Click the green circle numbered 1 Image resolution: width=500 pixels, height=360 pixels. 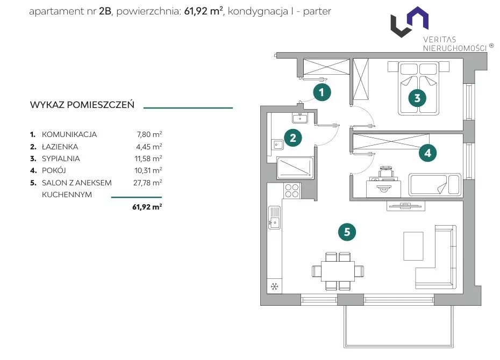(x=322, y=92)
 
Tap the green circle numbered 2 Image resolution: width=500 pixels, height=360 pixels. (x=292, y=138)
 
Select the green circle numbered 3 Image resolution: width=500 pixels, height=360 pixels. (x=417, y=98)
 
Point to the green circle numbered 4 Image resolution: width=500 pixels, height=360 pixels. (x=427, y=153)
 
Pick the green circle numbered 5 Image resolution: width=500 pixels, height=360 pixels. (x=347, y=232)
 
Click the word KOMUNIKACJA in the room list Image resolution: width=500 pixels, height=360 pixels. (x=69, y=134)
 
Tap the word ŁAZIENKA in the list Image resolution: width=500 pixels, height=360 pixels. (x=60, y=147)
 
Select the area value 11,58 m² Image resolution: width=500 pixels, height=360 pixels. (x=148, y=159)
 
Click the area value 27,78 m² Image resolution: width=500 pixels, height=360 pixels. (x=148, y=183)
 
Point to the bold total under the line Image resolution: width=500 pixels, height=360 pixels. (x=147, y=207)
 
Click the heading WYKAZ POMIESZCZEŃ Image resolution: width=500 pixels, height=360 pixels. (x=82, y=105)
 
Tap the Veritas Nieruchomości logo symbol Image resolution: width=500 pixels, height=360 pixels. (x=410, y=21)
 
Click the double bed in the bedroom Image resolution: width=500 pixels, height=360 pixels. (x=418, y=88)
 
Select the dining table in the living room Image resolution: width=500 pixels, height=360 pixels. (x=338, y=271)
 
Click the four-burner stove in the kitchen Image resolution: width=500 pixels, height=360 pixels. (x=292, y=191)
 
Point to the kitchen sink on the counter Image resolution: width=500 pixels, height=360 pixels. (x=274, y=218)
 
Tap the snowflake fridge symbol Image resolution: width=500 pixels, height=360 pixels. (x=274, y=286)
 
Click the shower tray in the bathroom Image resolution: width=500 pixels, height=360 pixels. (x=295, y=168)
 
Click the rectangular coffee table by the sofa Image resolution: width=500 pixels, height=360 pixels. (x=413, y=246)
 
